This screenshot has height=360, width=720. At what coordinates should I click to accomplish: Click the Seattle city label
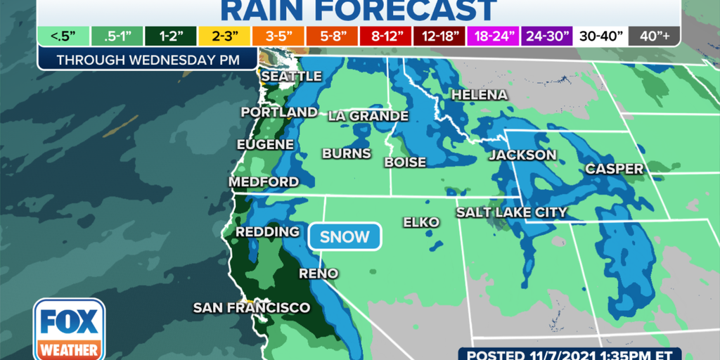[x=291, y=76]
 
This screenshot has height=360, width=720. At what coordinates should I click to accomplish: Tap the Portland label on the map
[x=279, y=112]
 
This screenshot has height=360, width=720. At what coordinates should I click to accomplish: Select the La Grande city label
[x=368, y=115]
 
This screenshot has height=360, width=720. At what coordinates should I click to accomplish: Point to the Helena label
[x=479, y=94]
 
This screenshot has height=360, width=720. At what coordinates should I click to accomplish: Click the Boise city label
[x=405, y=162]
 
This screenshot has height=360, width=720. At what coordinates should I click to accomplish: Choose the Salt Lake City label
[x=511, y=212]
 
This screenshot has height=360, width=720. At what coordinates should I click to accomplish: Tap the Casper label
[x=614, y=169]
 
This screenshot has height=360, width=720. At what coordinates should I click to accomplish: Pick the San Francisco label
[x=252, y=308]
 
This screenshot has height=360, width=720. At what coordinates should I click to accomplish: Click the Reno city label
[x=319, y=274]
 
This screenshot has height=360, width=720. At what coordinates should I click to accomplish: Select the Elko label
[x=420, y=222]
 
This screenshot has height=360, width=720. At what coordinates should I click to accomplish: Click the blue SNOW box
[x=345, y=237]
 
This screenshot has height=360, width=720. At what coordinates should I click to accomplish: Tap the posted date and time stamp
[x=589, y=354]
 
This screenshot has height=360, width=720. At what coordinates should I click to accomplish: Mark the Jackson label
[x=522, y=155]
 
